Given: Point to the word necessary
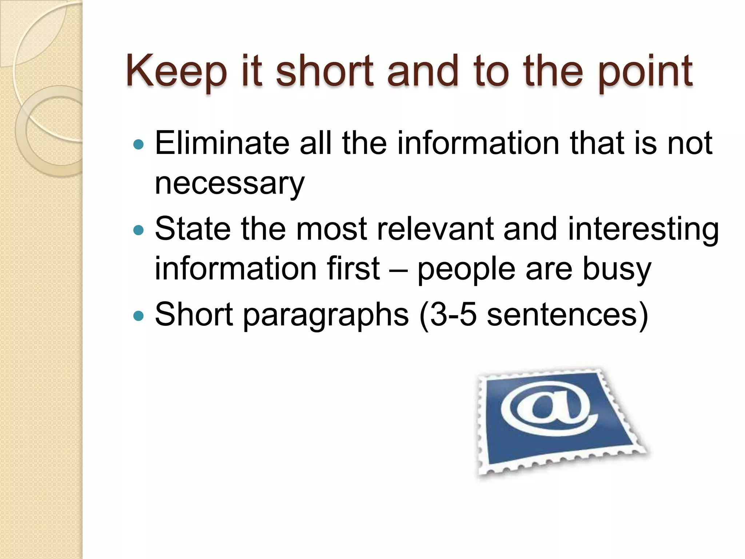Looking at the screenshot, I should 230,184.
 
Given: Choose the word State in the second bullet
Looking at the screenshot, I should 193,229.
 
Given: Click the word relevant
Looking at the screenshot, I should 435,229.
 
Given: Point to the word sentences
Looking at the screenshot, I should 562,314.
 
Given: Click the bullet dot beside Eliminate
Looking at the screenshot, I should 139,145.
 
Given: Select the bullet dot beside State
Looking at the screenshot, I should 139,230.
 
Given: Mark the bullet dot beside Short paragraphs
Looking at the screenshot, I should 139,315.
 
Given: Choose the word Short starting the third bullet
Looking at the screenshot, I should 194,314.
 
